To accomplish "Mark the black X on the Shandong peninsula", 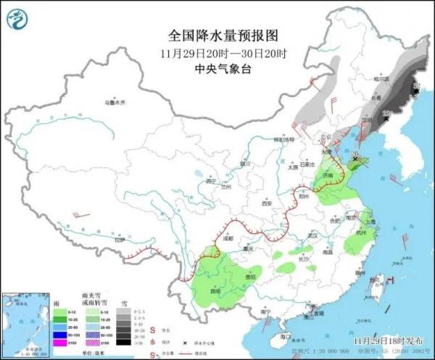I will click(x=355, y=156).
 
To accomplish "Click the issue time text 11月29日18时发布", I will click(x=386, y=339).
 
